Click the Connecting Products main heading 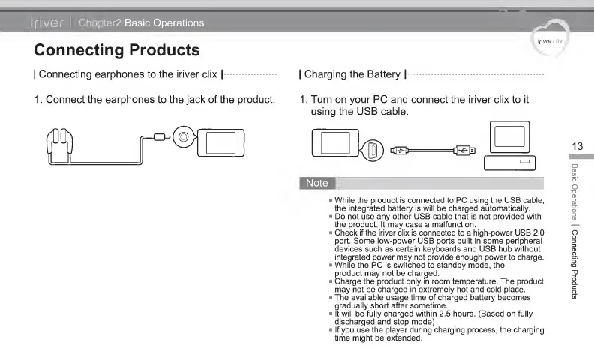117,50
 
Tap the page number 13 576,145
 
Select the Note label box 317,183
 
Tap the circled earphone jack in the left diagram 182,137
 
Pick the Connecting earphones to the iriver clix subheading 128,74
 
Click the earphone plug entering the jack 160,137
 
